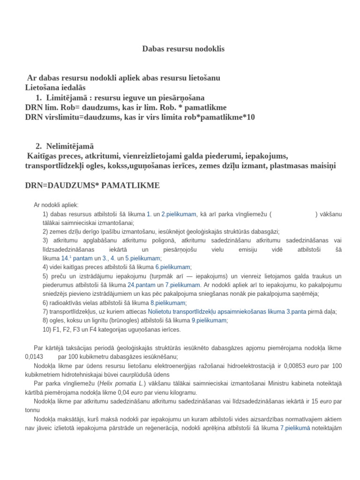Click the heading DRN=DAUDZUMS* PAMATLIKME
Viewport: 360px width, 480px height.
[92, 186]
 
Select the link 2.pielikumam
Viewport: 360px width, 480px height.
[179, 214]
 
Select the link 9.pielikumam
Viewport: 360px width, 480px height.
[209, 321]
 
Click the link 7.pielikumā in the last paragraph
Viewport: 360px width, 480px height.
[295, 429]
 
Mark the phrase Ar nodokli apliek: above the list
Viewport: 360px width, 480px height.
[56, 205]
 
